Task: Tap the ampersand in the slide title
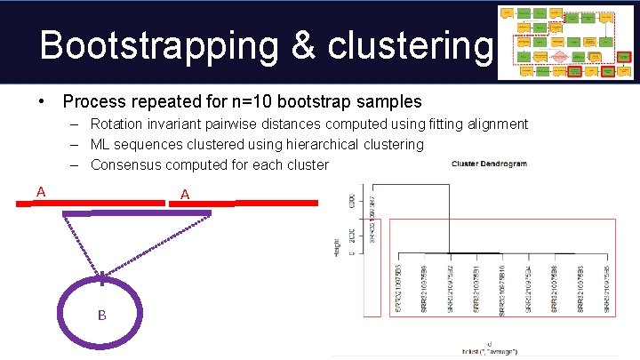(292, 44)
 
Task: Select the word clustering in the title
(401, 44)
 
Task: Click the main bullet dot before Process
(43, 102)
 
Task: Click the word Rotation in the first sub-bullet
(118, 124)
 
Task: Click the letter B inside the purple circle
(102, 315)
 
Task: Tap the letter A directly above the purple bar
(185, 194)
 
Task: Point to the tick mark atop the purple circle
(103, 278)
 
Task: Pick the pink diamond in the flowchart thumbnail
(560, 55)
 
